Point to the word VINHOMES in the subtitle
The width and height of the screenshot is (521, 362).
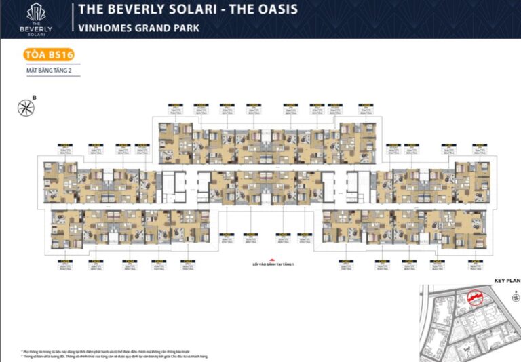pos(107,28)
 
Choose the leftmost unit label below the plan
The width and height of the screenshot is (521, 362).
pos(66,264)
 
